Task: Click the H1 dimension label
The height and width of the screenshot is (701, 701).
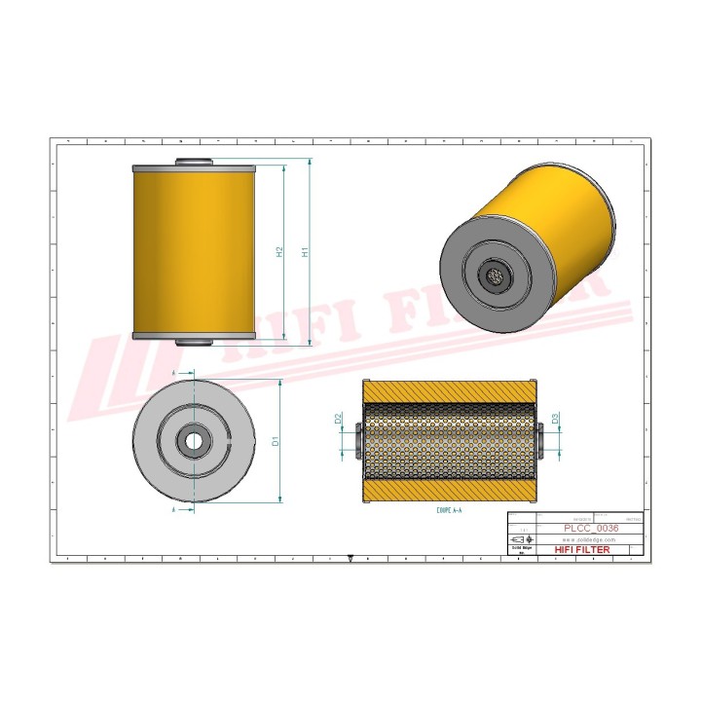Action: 306,252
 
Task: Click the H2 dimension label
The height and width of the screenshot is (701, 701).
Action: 279,252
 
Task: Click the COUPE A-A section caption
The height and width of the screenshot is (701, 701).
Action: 449,509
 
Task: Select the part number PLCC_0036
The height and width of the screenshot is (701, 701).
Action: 591,528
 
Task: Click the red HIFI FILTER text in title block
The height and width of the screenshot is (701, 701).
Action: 582,550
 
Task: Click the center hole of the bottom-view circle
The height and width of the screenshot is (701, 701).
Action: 194,441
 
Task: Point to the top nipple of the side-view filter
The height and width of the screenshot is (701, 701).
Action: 193,163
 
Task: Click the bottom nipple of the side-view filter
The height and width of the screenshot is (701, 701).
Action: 193,341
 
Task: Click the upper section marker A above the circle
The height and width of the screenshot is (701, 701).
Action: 172,373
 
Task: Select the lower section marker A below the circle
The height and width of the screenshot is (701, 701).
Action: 172,508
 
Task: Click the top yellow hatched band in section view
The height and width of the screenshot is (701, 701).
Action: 449,389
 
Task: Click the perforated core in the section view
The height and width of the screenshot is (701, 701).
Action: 449,440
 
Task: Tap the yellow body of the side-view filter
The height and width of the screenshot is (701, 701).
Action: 193,251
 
